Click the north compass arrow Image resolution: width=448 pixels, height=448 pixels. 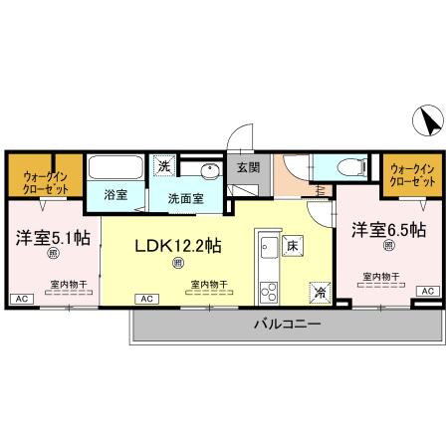pos(429,121)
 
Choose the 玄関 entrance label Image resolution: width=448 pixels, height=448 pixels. pos(247,168)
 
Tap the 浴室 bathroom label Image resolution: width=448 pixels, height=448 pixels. pos(115,195)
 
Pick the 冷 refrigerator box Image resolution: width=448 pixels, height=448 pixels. pos(320,292)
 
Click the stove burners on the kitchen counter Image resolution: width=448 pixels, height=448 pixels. pos(268,292)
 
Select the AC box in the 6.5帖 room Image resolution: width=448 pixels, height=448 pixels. pos(428,290)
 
